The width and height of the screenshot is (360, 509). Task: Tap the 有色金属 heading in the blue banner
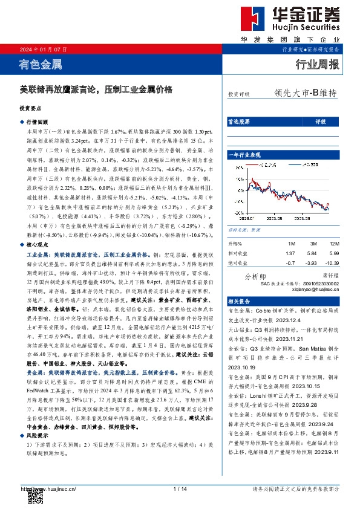(x=41, y=64)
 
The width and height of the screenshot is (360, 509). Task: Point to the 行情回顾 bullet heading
(x=36, y=122)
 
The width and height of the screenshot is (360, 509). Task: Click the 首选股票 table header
(x=238, y=121)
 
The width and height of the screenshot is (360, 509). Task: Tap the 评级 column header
(x=321, y=121)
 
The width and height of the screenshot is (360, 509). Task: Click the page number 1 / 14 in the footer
(x=180, y=489)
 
